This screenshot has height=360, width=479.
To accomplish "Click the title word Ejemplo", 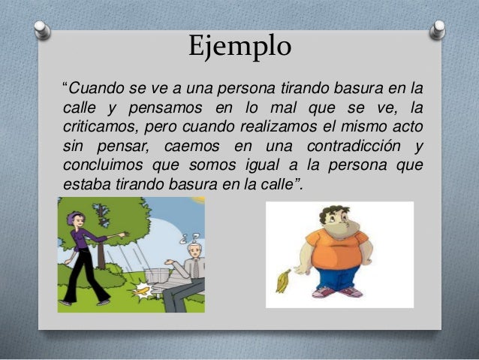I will tap(239, 47).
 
